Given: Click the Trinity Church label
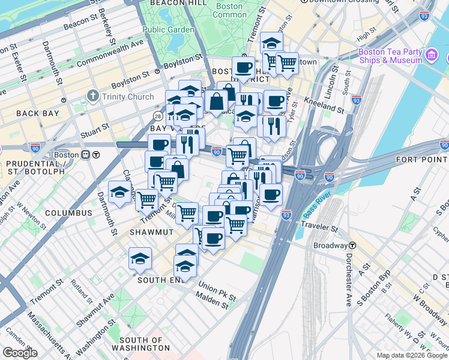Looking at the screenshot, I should [x=127, y=95].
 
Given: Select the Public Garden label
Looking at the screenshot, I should [x=168, y=29].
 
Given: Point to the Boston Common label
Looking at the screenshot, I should [x=229, y=10].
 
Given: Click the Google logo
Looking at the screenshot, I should [x=20, y=353].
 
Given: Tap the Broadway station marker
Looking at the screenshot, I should [x=352, y=245].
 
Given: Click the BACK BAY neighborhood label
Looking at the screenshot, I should [x=37, y=113].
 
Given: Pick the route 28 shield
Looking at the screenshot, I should [x=158, y=115].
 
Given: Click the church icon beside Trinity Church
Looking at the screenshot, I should [x=92, y=95].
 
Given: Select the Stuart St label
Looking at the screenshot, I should [x=96, y=127].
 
